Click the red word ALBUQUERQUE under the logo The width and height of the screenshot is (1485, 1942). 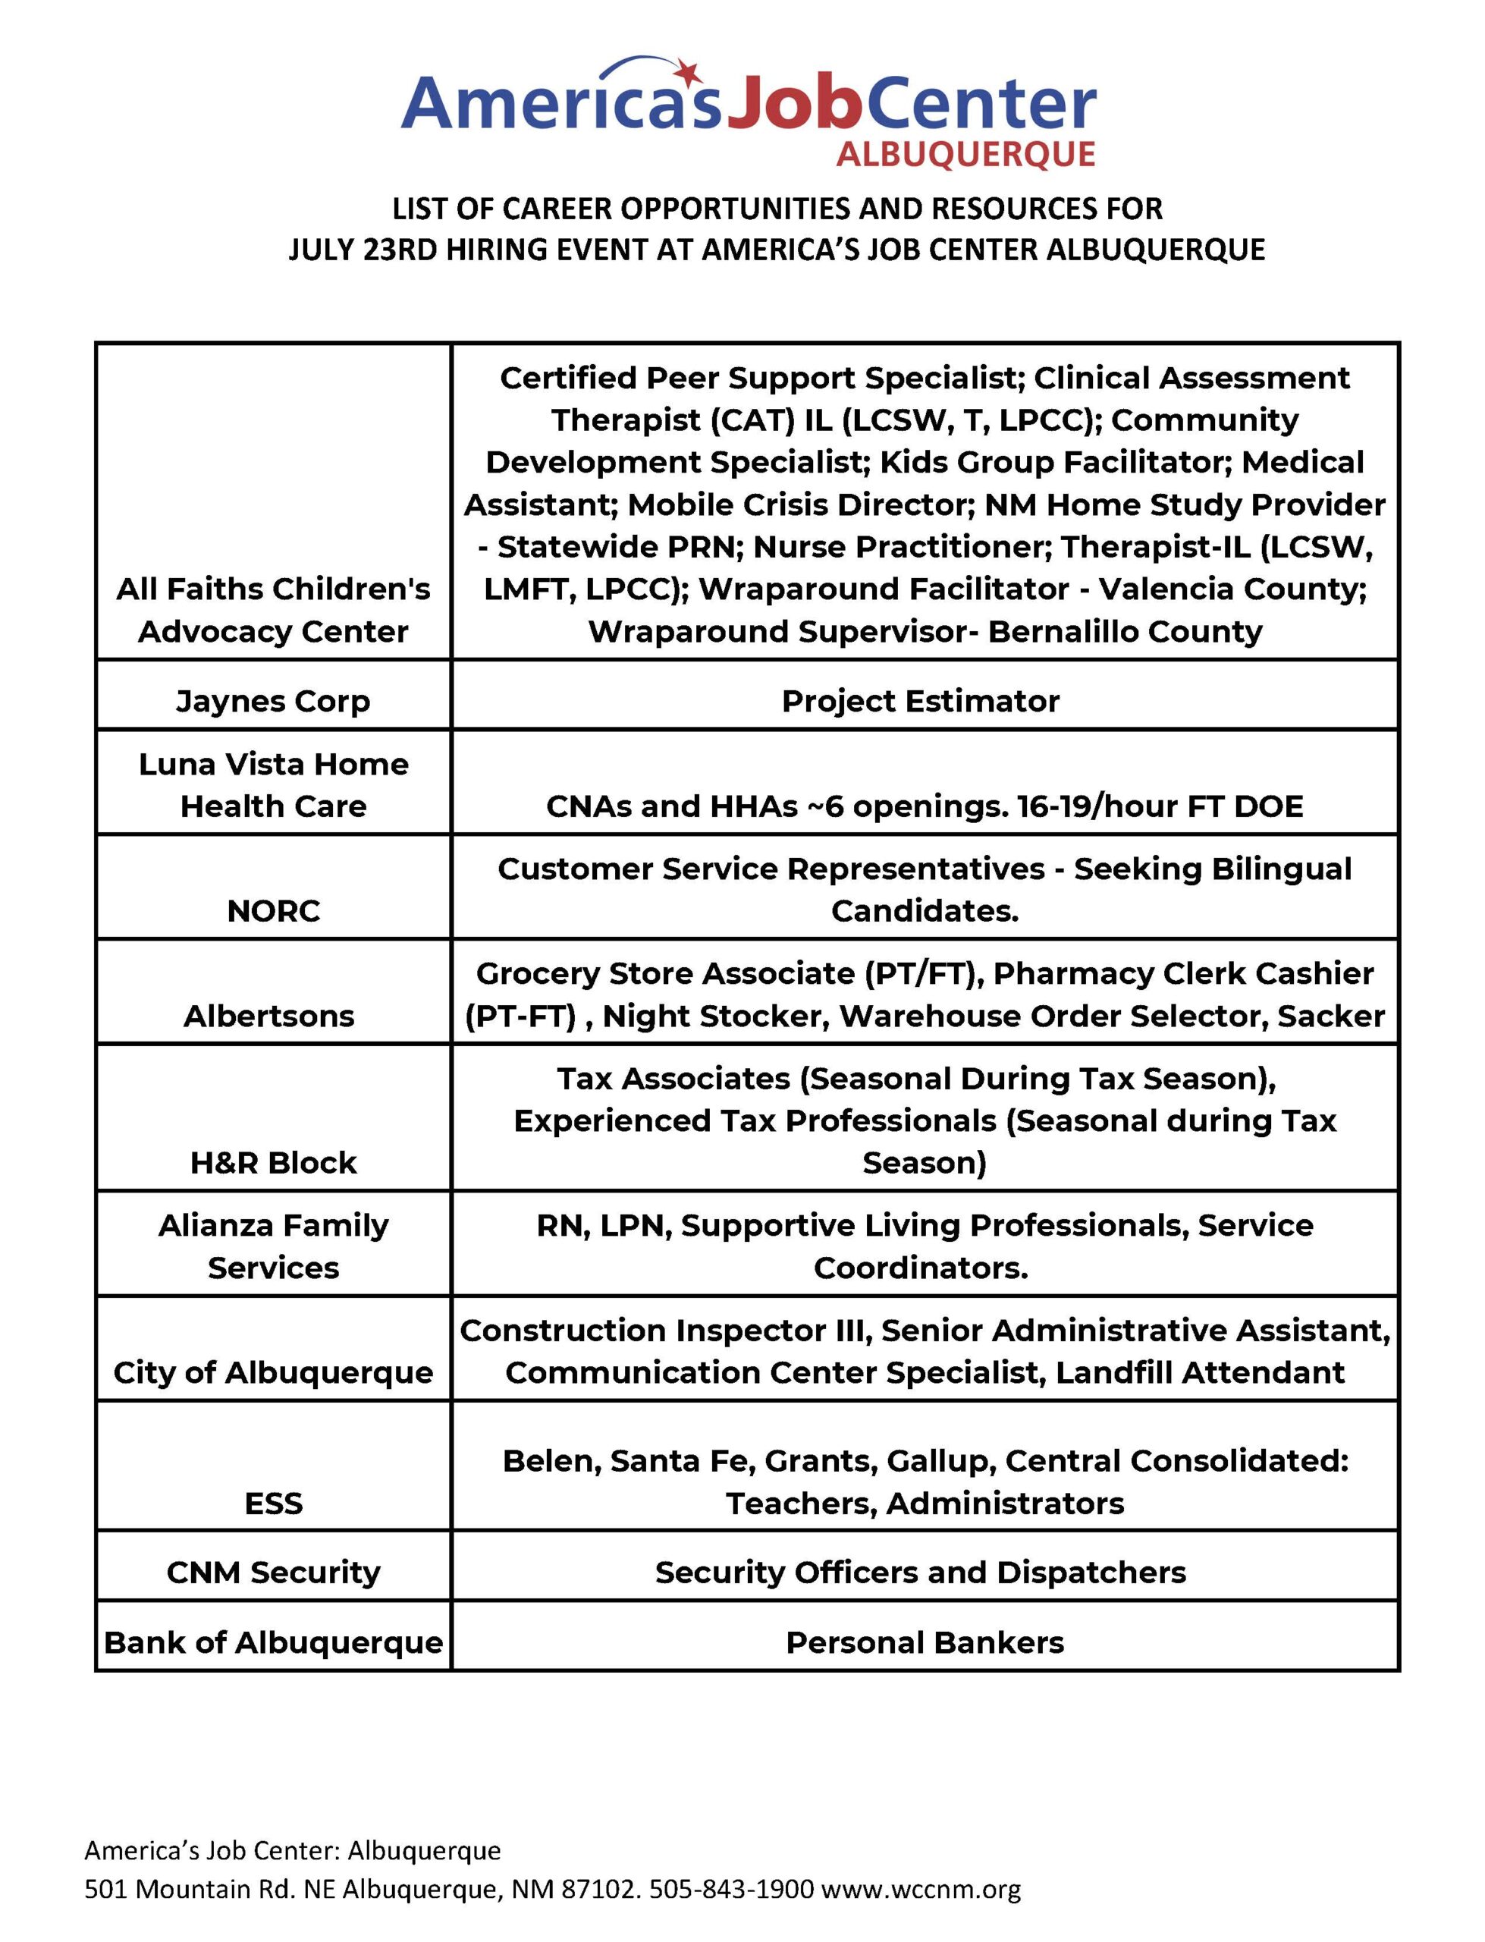coord(965,155)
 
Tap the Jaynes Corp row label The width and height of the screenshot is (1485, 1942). coord(272,701)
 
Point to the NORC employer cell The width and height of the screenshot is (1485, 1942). coord(273,910)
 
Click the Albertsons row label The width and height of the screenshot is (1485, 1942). coord(268,1016)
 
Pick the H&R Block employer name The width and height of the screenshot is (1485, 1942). coord(273,1162)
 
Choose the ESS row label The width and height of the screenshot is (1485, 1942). coord(273,1503)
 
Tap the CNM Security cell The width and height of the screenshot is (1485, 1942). coord(273,1573)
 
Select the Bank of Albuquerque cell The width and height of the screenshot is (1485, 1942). coord(273,1642)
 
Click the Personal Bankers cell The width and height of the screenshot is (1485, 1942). coord(925,1642)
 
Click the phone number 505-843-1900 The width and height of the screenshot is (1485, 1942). coord(731,1889)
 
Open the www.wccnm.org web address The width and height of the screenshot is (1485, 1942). coord(921,1889)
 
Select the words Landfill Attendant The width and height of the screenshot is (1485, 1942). coord(1200,1373)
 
